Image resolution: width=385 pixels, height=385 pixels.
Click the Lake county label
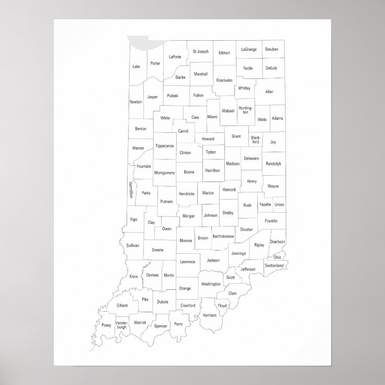pyautogui.click(x=136, y=66)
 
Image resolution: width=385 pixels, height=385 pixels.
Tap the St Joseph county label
pyautogui.click(x=200, y=51)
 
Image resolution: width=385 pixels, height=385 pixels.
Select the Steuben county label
pyautogui.click(x=271, y=49)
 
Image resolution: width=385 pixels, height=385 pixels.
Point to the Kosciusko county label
pyautogui.click(x=224, y=80)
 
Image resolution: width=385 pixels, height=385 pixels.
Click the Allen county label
pyautogui.click(x=269, y=92)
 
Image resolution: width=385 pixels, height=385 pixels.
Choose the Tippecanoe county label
pyautogui.click(x=164, y=146)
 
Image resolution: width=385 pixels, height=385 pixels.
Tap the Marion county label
pyautogui.click(x=208, y=193)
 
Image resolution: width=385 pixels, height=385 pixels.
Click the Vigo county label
pyautogui.click(x=133, y=219)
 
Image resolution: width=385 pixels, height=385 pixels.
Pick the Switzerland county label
pyautogui.click(x=274, y=266)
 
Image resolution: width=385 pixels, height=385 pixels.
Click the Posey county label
pyautogui.click(x=106, y=324)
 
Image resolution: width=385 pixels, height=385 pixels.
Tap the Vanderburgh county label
pyautogui.click(x=122, y=325)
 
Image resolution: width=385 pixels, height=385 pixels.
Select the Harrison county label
pyautogui.click(x=209, y=315)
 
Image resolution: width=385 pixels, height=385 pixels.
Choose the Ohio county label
pyautogui.click(x=277, y=257)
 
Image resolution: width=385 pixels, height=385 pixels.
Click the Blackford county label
pyautogui.click(x=255, y=140)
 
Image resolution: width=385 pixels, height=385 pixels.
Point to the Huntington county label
pyautogui.click(x=245, y=110)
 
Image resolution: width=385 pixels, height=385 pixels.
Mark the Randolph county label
pyautogui.click(x=273, y=164)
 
